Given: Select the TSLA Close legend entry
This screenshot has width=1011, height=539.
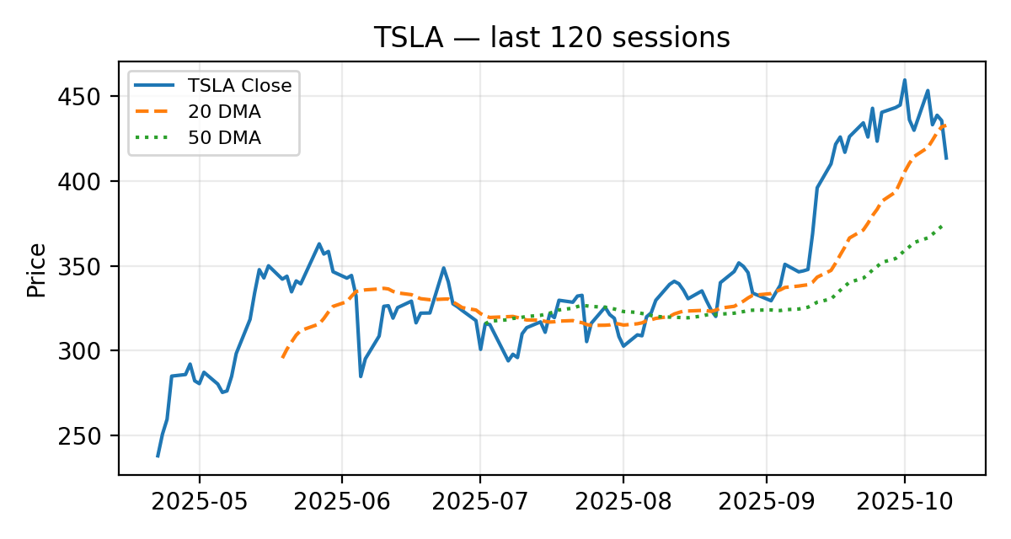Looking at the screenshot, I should tap(239, 85).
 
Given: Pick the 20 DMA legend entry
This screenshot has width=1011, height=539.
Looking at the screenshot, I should tap(224, 112).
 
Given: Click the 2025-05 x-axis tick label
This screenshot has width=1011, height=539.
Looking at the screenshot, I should tap(200, 503).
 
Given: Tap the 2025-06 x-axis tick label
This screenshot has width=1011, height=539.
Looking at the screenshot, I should tap(342, 503).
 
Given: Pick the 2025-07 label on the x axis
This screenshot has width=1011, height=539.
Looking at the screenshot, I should tap(480, 503).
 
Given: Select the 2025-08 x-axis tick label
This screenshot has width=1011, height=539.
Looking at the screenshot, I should tap(623, 503).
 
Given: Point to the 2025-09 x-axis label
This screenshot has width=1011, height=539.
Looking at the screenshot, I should tap(766, 503).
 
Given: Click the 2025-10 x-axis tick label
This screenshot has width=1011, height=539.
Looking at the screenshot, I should tap(905, 503).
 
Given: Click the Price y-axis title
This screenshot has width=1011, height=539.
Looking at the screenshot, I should tap(36, 269).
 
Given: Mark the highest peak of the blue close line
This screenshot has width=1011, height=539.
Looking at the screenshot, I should tap(905, 80).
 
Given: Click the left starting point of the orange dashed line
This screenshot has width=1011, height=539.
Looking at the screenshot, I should tap(283, 357).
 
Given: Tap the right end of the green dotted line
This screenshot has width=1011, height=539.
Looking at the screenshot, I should tap(942, 226).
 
